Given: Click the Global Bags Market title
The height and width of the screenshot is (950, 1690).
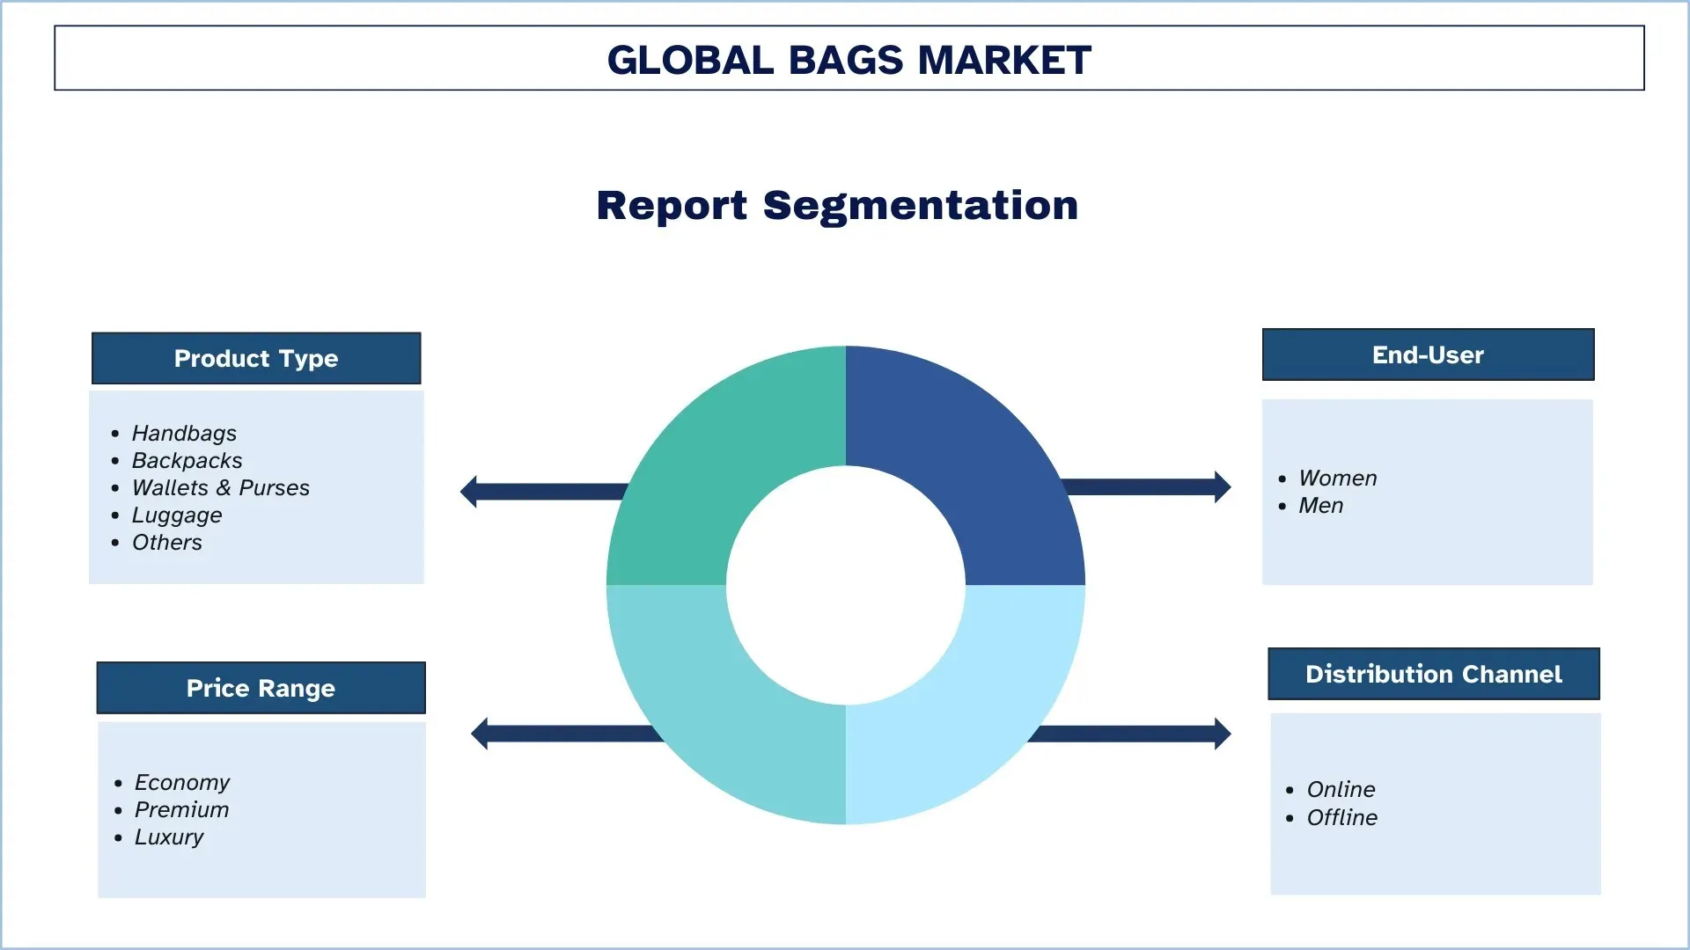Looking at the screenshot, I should pos(849,60).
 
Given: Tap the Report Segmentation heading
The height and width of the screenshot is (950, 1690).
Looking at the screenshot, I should pos(837,205).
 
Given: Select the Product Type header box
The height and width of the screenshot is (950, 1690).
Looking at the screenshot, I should pos(256,358).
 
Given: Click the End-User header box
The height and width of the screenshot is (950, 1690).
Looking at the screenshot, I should pos(1428,354).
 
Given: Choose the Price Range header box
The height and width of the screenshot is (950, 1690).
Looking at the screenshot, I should pos(261,688).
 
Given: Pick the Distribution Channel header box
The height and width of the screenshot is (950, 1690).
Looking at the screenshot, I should pos(1433,674).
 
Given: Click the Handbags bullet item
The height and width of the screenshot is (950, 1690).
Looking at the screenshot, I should pos(184,433).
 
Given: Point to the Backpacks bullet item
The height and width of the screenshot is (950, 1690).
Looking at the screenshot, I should pos(187,460).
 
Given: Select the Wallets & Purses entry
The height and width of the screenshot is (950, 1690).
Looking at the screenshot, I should pos(220,487).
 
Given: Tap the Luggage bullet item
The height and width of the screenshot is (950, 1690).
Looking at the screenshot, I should pos(176,515).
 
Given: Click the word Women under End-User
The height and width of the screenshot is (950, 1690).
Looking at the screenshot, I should pos(1337,478).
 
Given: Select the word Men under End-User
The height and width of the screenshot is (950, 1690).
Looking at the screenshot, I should pos(1320,505).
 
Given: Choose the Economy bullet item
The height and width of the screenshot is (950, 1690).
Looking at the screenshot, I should pos(181,782).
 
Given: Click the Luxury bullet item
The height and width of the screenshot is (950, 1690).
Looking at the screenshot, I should pos(168,837).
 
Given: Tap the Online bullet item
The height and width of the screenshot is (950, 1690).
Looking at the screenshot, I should pos(1341,789).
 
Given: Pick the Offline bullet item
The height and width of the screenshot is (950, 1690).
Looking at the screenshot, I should pos(1341,817).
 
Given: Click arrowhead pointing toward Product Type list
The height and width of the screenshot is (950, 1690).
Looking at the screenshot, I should pos(469,492).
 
